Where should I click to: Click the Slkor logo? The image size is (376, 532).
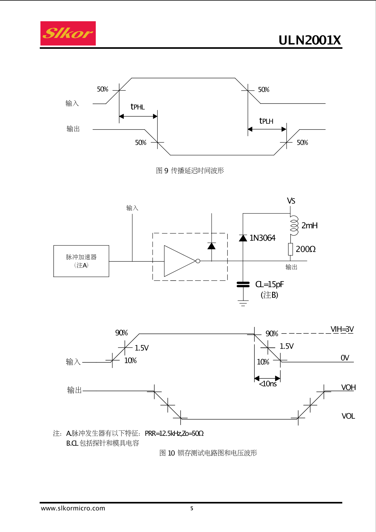point(68,33)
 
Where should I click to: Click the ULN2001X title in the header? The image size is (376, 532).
point(310,40)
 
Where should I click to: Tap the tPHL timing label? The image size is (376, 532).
point(137,107)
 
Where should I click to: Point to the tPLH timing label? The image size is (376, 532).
point(266,121)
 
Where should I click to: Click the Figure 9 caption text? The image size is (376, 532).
point(190,171)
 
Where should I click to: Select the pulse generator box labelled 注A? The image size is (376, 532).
point(81,261)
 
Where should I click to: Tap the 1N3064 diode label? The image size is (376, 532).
point(262,238)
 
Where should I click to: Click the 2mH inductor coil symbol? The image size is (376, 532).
point(294,225)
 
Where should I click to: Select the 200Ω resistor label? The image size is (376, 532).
point(305,249)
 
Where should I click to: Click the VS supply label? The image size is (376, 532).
point(291,201)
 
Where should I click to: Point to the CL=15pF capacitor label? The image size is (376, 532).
point(269,284)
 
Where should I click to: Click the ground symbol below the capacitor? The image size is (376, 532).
point(243,303)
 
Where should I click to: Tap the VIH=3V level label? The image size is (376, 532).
point(342,329)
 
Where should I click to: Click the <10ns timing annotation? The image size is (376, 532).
point(268,384)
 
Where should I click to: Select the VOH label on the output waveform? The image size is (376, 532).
point(348,387)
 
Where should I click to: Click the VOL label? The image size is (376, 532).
point(348,416)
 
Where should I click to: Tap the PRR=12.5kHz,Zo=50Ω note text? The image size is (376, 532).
point(174,433)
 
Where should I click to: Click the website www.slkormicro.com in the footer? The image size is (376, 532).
point(73,508)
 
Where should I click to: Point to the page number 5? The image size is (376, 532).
point(192,508)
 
